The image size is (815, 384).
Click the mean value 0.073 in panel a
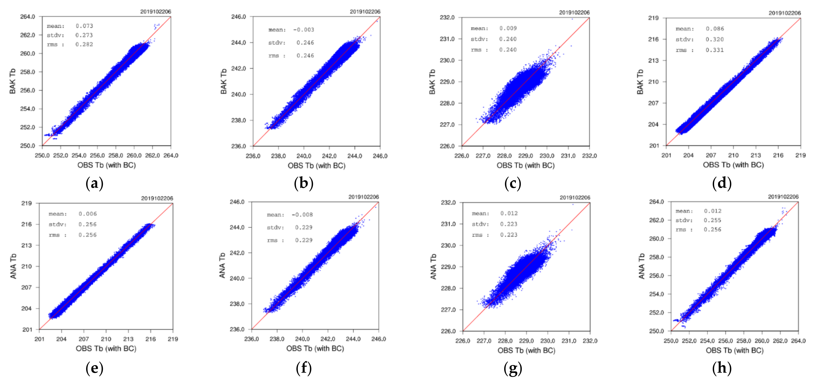pos(84,26)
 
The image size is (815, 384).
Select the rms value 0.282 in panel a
pos(84,44)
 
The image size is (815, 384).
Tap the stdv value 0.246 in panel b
pos(305,42)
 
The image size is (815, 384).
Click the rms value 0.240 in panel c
pos(508,50)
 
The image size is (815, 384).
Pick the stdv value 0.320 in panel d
pos(714,39)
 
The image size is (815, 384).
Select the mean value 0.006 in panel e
pos(88,214)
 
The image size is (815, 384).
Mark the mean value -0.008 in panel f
pos(302,215)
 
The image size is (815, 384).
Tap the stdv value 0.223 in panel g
pos(509,224)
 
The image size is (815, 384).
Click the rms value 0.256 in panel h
pos(713,229)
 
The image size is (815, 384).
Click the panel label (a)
pos(94,183)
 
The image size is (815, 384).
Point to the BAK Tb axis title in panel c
pos(432,82)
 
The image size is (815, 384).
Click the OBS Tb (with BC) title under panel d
pos(733,165)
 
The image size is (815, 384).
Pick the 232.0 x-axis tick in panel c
pos(589,156)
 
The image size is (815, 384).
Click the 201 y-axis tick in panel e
pos(27,329)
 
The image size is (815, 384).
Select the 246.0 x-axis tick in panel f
pos(378,339)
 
